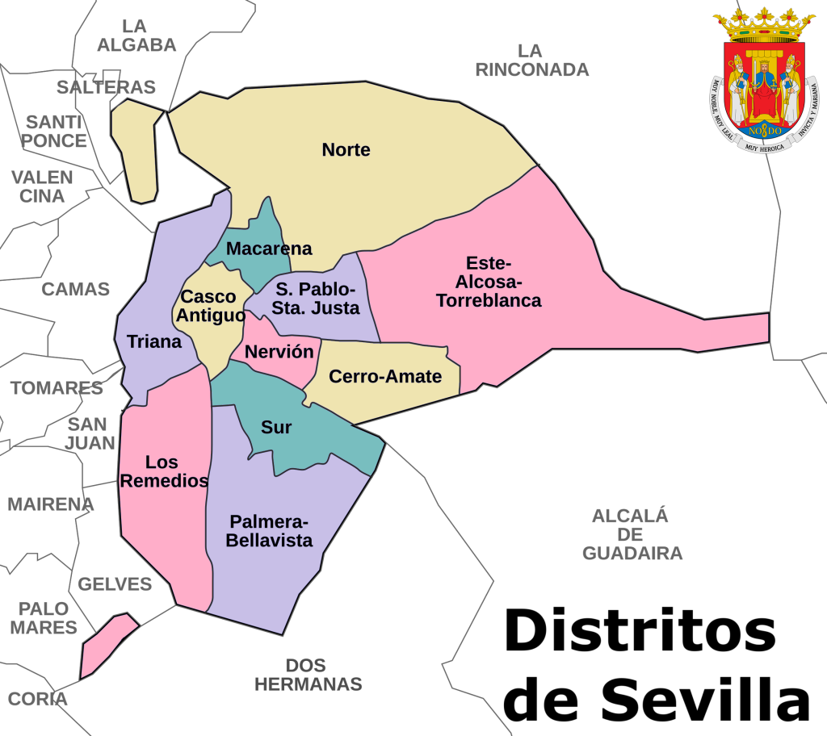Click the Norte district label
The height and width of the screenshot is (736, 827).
tap(346, 150)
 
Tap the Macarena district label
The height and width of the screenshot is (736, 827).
tap(269, 249)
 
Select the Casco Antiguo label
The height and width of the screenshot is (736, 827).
tap(211, 306)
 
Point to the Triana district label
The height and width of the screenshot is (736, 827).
tap(154, 341)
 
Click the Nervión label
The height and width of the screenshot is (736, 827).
tap(279, 352)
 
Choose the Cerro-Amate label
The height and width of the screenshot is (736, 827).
tap(385, 376)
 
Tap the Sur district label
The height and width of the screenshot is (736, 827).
tap(276, 427)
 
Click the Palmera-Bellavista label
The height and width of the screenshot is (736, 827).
tap(269, 530)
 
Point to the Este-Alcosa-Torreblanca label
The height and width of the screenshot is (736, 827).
tap(489, 282)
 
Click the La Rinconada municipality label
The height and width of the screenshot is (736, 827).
tap(531, 61)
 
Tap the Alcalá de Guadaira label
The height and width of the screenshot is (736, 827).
tap(632, 534)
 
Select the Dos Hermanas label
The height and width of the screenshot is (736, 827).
tap(308, 675)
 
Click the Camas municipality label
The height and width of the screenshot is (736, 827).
tap(75, 289)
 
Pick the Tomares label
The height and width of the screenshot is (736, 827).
tap(57, 388)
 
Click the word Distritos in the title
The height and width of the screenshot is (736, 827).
tap(640, 631)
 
